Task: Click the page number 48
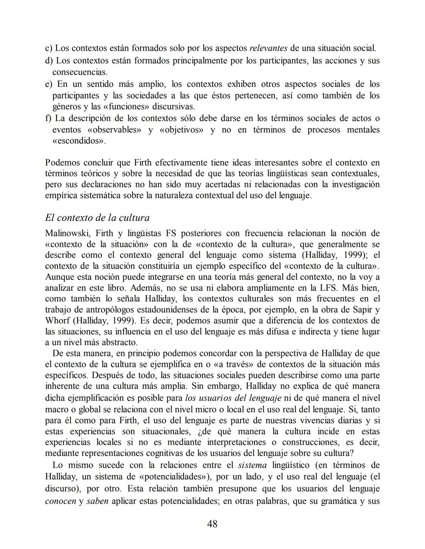click(212, 524)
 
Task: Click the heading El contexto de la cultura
click(97, 218)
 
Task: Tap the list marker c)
click(49, 48)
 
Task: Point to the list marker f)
click(48, 118)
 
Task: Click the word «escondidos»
click(79, 141)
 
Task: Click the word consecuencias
click(80, 72)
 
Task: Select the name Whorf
click(57, 321)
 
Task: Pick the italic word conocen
click(61, 501)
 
